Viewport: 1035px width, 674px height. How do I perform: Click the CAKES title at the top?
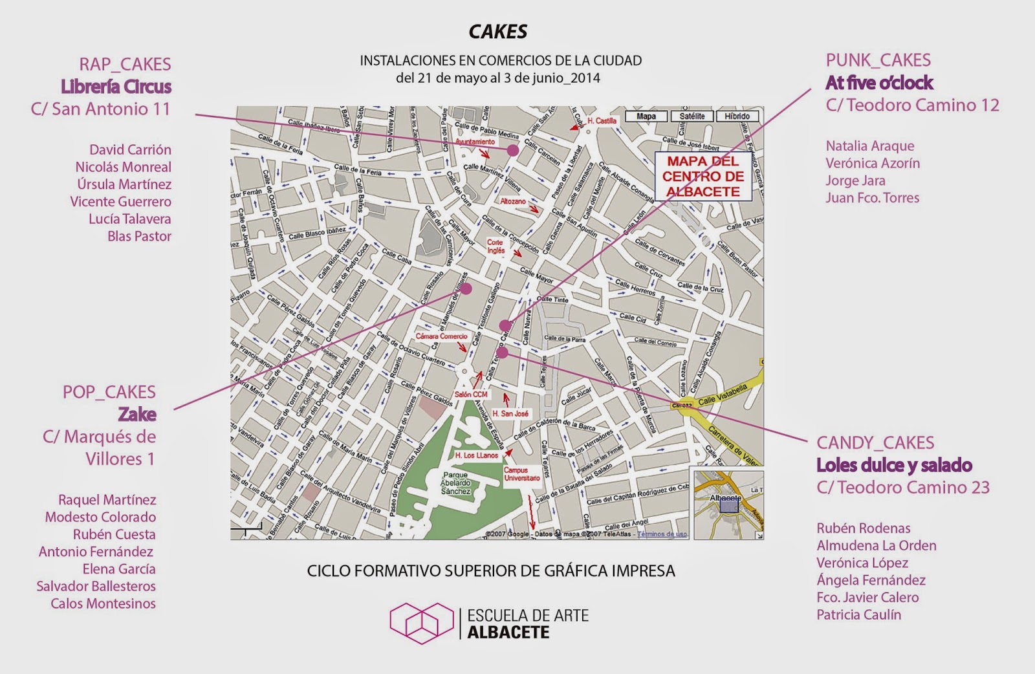point(498,31)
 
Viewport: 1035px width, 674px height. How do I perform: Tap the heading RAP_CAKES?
point(125,64)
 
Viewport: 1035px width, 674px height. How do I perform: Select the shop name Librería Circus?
point(116,86)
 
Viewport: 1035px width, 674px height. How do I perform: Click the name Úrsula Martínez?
point(124,184)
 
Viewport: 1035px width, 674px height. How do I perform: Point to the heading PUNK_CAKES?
point(878,60)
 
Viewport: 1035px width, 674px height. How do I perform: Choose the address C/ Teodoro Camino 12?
point(912,105)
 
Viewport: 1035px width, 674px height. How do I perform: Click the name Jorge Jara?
point(855,180)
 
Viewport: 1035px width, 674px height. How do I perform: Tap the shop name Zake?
point(136,414)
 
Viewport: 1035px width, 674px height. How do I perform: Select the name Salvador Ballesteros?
point(96,586)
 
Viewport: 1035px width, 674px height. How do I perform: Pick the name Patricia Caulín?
point(858,614)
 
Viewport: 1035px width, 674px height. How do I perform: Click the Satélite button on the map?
point(692,116)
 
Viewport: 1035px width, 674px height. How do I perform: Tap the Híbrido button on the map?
point(737,116)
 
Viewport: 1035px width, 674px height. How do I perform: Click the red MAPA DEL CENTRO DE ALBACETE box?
point(703,176)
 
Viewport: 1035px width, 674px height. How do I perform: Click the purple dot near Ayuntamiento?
point(513,150)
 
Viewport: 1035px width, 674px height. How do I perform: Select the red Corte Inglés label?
point(496,246)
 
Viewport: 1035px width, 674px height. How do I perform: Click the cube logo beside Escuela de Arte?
point(421,622)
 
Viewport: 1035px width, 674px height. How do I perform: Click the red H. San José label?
point(510,413)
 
